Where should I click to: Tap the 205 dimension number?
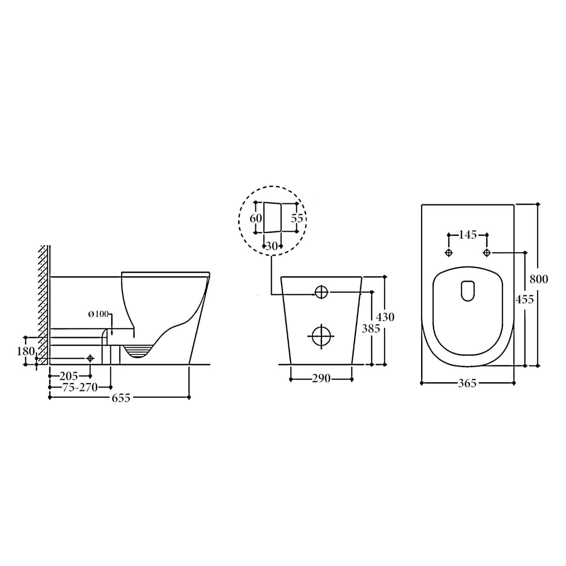pos(69,376)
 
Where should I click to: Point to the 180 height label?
pos(26,351)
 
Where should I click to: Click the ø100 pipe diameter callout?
pos(98,314)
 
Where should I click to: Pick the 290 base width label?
pos(321,378)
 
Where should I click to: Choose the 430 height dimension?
pos(385,317)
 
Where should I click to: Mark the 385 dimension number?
pos(371,329)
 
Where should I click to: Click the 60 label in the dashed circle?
pos(256,218)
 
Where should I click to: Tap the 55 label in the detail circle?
pos(297,218)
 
